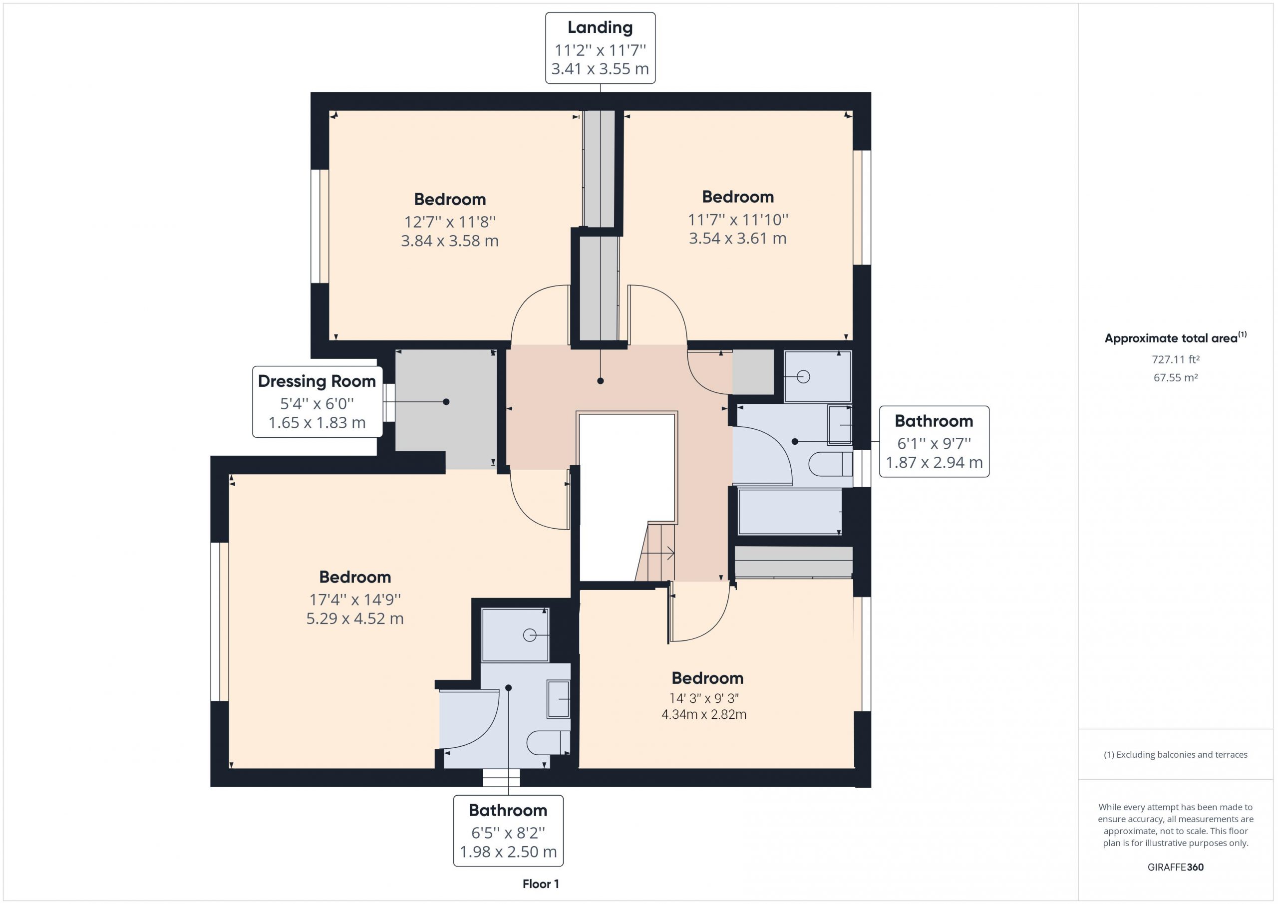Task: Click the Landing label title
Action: [x=600, y=28]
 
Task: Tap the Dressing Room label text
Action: [x=317, y=381]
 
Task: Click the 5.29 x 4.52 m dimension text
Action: [x=354, y=618]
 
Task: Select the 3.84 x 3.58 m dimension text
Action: [x=450, y=241]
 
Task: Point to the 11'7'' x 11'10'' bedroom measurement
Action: [x=738, y=220]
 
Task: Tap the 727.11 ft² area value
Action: [x=1175, y=359]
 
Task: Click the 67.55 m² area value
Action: [x=1175, y=377]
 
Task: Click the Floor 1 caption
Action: [x=541, y=884]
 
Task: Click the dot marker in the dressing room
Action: [x=446, y=402]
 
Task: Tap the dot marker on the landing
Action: [x=600, y=381]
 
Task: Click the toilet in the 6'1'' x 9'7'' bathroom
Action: [x=830, y=464]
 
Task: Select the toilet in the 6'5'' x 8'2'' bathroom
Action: [x=548, y=742]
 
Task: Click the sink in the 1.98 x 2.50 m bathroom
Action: [x=558, y=699]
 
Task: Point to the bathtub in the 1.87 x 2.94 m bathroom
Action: [x=790, y=512]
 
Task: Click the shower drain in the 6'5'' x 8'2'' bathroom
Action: [x=529, y=635]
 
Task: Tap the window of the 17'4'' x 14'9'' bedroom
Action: [x=220, y=621]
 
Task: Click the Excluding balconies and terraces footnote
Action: [x=1175, y=755]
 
